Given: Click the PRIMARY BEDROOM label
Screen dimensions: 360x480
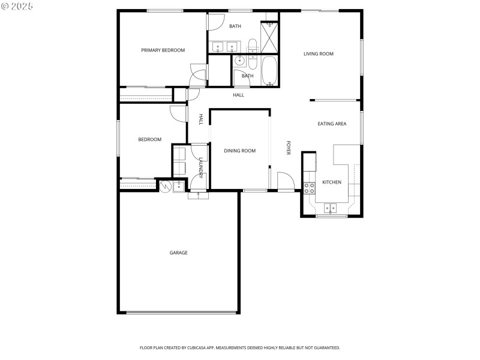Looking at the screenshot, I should [x=163, y=50].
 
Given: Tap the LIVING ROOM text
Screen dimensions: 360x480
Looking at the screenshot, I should [x=318, y=54].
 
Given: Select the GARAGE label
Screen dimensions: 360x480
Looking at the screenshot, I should [x=178, y=253].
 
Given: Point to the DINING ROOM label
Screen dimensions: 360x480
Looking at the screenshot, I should [x=240, y=151].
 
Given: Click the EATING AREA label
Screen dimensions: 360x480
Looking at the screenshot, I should [x=332, y=124].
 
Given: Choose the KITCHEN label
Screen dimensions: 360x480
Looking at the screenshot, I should [x=332, y=182].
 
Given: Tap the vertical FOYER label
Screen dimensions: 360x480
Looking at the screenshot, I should [x=288, y=148].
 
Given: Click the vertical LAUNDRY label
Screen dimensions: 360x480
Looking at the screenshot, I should [x=201, y=167].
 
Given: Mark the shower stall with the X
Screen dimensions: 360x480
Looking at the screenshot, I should [x=269, y=37].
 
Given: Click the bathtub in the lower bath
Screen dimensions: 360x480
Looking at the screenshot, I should [x=269, y=71].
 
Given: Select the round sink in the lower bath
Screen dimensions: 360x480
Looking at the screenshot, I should [x=239, y=60].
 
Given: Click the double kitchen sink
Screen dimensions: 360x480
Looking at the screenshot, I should [x=331, y=208].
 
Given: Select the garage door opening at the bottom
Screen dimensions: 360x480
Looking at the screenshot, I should [x=178, y=312].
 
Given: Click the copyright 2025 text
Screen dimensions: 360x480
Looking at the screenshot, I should [x=17, y=5].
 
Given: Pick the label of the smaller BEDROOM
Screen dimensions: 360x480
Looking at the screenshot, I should [x=149, y=140].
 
